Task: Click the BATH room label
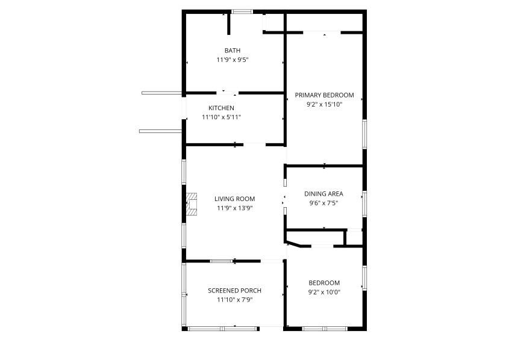pos(233,51)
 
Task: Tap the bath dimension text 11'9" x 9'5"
pos(233,60)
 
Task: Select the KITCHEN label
pos(222,108)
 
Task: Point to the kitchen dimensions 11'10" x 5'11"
pos(222,117)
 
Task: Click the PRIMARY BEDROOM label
pos(324,95)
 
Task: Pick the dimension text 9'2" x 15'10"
pos(324,104)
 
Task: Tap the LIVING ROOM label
pos(234,199)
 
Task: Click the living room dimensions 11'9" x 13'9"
pos(234,208)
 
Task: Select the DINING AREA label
pos(323,194)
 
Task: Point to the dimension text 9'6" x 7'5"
pos(323,203)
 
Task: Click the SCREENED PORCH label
pos(234,291)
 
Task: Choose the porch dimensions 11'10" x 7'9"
pos(234,300)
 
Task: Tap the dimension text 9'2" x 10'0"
pos(324,292)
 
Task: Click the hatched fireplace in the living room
pos(192,204)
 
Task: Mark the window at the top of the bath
pos(242,11)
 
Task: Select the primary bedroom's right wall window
pos(364,134)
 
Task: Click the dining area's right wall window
pos(364,203)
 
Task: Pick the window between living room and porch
pos(222,261)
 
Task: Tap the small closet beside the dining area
pos(354,237)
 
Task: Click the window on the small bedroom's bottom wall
pos(325,329)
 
